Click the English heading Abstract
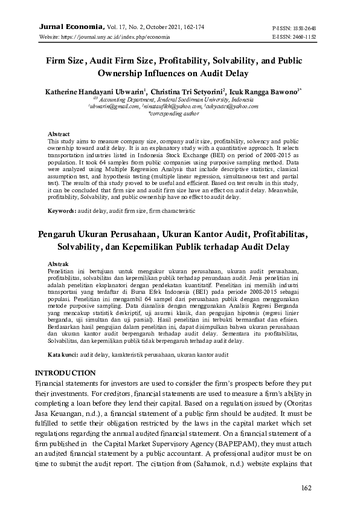click(x=58, y=133)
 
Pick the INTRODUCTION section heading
click(x=65, y=372)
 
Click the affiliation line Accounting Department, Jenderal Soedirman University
click(x=176, y=99)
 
